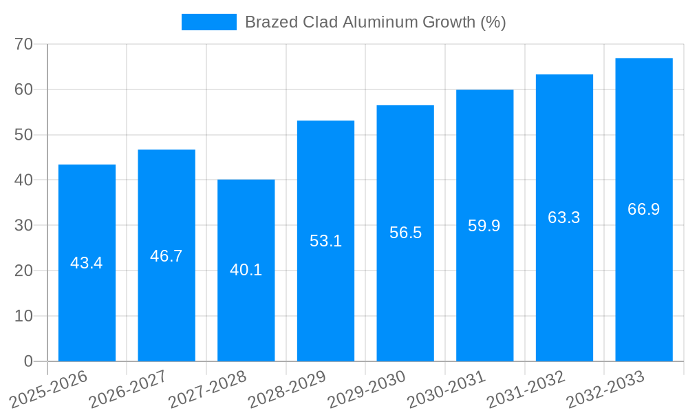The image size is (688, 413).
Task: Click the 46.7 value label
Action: click(166, 256)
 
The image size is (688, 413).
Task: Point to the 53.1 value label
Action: click(325, 241)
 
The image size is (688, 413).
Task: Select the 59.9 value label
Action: click(484, 226)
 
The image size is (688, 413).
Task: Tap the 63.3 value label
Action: click(564, 218)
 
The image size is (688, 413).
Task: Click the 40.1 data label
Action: click(246, 270)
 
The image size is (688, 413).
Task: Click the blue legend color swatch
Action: click(208, 22)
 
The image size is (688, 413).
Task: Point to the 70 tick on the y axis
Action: click(24, 44)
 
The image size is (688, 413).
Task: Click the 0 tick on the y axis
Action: click(28, 361)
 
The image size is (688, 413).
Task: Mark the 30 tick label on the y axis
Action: click(24, 225)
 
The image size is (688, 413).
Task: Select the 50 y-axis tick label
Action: click(24, 135)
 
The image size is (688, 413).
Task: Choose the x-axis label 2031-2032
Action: click(526, 390)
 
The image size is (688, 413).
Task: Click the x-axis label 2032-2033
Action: click(605, 390)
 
